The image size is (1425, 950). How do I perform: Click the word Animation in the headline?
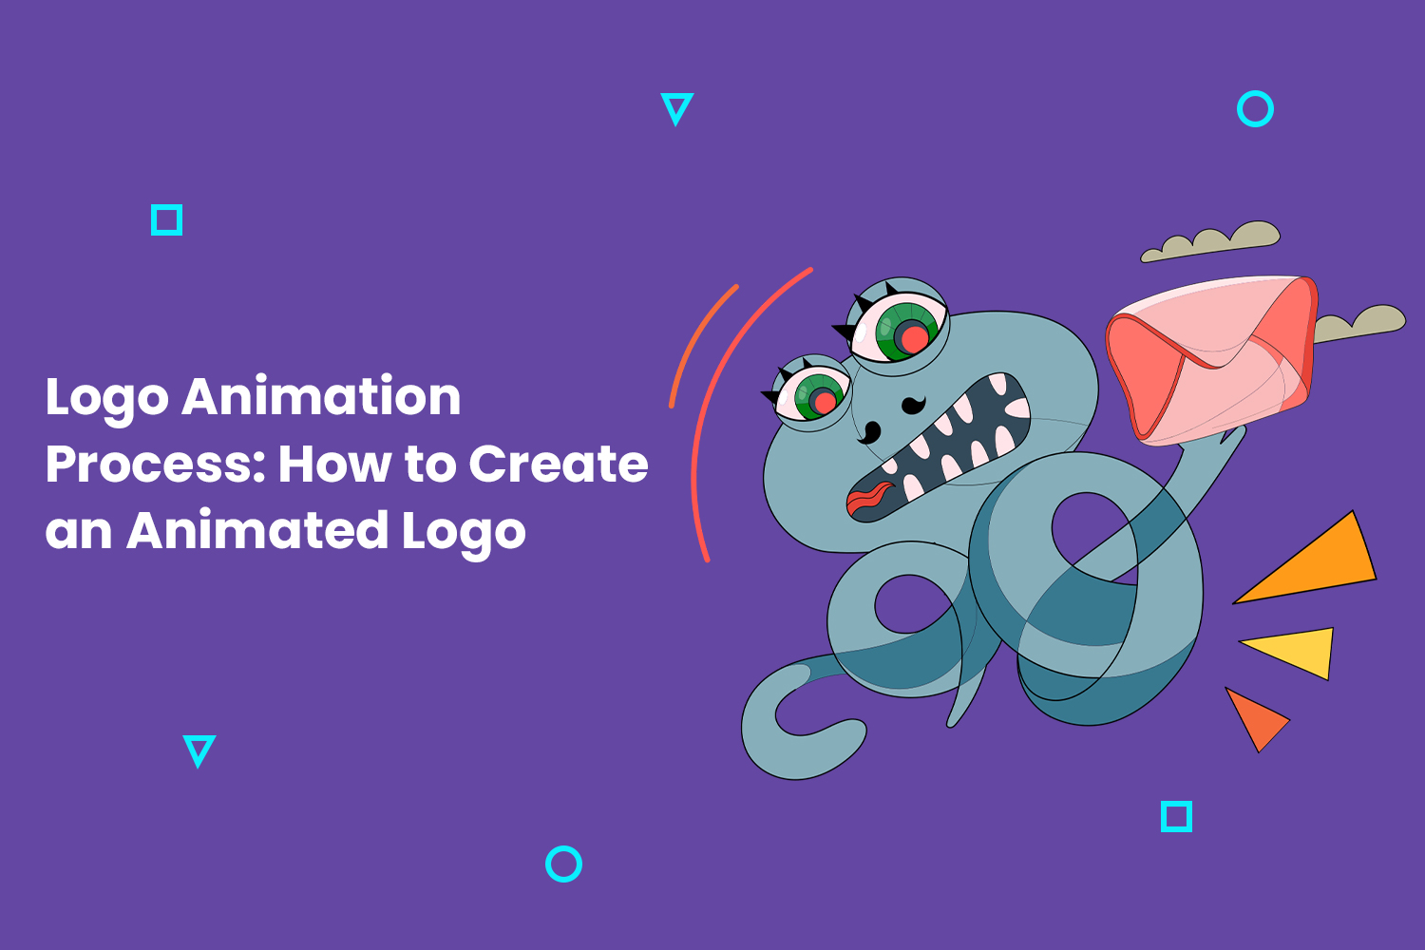tap(321, 396)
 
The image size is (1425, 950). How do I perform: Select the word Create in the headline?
tap(559, 464)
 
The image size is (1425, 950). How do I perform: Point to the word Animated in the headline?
tap(257, 530)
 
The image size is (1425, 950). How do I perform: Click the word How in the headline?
tap(334, 464)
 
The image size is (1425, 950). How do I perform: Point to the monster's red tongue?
tap(869, 498)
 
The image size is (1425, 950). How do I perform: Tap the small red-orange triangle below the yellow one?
tap(1255, 719)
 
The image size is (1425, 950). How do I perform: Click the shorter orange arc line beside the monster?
tap(694, 338)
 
